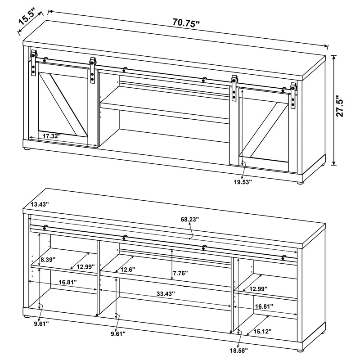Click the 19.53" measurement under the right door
(x=242, y=181)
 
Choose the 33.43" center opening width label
(x=165, y=293)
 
